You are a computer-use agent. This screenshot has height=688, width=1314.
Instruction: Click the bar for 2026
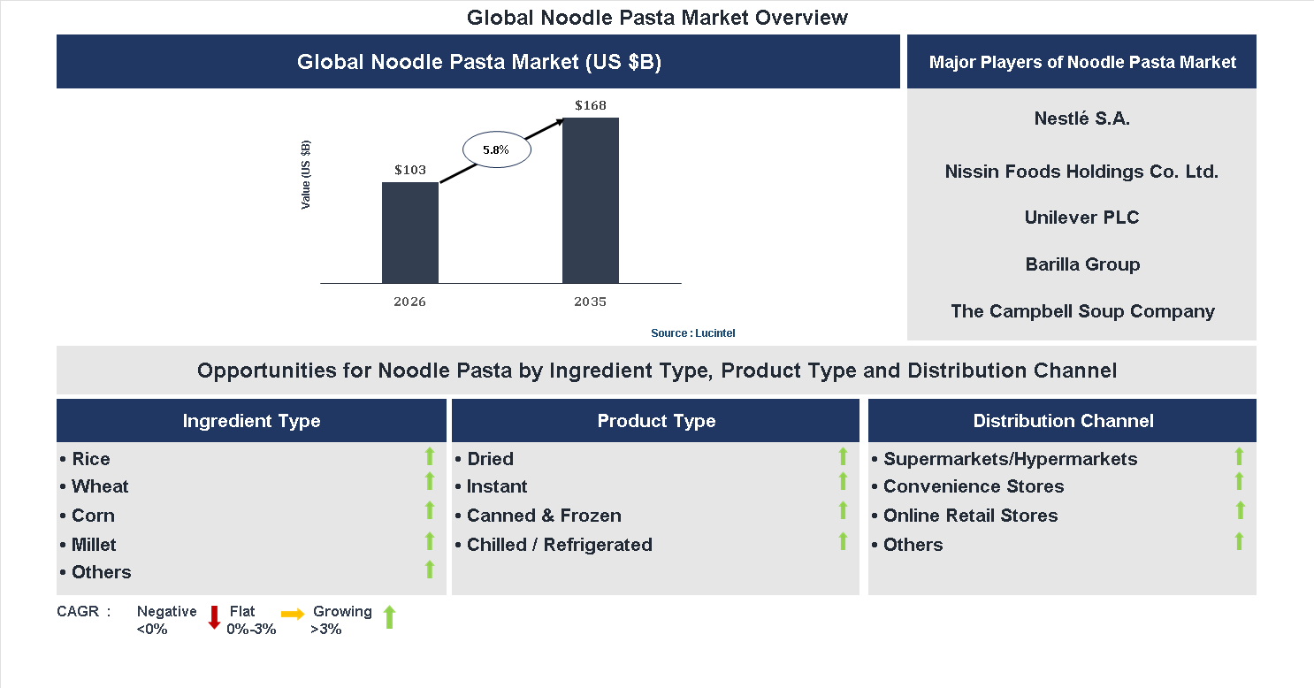point(410,233)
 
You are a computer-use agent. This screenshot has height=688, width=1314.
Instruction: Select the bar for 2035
point(591,201)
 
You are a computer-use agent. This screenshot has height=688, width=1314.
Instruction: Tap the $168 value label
point(591,106)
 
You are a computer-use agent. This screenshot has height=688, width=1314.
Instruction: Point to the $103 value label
point(410,170)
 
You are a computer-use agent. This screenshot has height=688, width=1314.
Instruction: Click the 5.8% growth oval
point(496,150)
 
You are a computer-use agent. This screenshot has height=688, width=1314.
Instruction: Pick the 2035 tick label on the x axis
point(591,302)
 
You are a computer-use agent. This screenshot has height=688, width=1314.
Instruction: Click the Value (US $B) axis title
point(306,174)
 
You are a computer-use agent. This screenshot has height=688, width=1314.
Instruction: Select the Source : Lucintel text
point(693,333)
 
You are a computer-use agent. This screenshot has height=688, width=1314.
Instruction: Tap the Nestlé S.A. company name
point(1081,118)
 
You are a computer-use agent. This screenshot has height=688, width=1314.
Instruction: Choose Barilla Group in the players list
point(1082,264)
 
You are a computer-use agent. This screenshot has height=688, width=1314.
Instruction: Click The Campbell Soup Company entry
point(1082,311)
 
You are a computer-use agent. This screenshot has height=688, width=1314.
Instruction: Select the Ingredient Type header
point(251,421)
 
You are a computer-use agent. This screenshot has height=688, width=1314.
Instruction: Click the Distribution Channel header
point(1063,421)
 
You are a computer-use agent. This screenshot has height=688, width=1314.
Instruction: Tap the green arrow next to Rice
point(430,457)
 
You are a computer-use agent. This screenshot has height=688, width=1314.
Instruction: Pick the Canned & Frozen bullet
point(544,516)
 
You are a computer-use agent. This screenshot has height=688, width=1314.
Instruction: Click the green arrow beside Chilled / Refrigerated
point(843,541)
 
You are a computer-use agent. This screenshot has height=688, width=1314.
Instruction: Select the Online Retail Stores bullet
point(970,516)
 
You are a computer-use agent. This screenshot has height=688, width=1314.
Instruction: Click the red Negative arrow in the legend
point(214,617)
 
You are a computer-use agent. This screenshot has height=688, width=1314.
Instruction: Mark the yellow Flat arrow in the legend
point(293,614)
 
